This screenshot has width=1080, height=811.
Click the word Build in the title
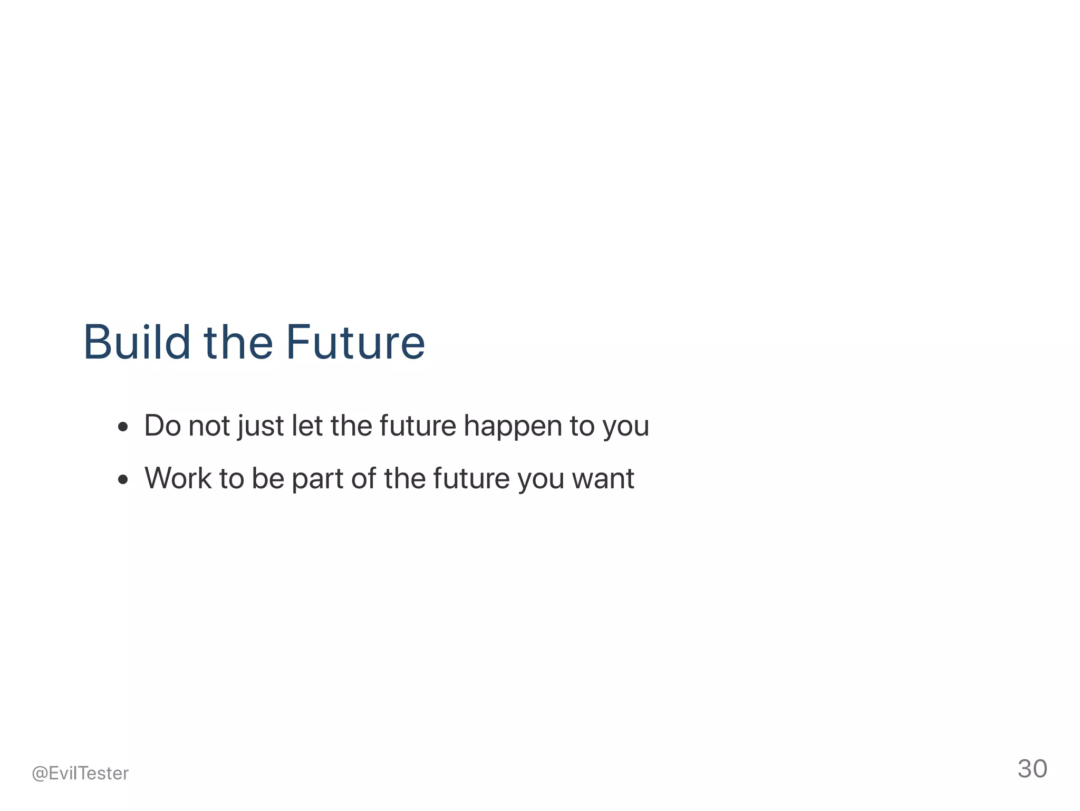pyautogui.click(x=137, y=342)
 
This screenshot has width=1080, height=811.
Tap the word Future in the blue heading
pyautogui.click(x=355, y=342)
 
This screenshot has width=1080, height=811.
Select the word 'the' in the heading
pyautogui.click(x=238, y=342)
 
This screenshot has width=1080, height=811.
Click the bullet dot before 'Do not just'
pyautogui.click(x=123, y=427)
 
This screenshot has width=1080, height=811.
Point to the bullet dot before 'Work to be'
pyautogui.click(x=123, y=479)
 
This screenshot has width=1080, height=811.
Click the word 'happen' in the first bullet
pyautogui.click(x=513, y=426)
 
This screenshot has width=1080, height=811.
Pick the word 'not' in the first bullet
pyautogui.click(x=209, y=426)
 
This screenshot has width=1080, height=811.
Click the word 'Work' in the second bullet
pyautogui.click(x=178, y=478)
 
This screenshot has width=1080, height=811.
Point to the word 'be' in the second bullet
pyautogui.click(x=268, y=478)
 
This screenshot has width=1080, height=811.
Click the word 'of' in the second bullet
pyautogui.click(x=363, y=478)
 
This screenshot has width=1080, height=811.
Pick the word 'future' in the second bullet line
pyautogui.click(x=471, y=478)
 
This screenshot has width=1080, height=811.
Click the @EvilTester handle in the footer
pyautogui.click(x=80, y=773)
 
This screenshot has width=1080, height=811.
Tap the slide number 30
pyautogui.click(x=1032, y=769)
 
